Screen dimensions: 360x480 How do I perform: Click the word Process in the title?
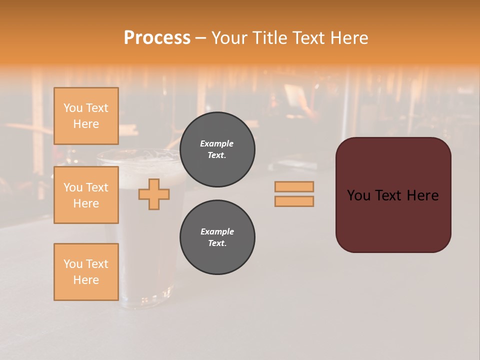point(157,38)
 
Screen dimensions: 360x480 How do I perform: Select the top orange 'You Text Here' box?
point(86,116)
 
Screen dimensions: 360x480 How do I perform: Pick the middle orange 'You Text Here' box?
point(86,195)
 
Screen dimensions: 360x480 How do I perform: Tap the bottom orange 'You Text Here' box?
point(86,272)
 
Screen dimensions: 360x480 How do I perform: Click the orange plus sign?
point(154,194)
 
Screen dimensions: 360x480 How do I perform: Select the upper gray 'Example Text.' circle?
point(217,149)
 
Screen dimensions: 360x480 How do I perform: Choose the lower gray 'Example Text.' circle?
point(217,237)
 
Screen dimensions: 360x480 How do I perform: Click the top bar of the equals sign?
point(294,186)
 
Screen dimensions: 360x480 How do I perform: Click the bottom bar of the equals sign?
point(294,201)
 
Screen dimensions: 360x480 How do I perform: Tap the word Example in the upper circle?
point(216,143)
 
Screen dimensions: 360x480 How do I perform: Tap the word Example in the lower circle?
point(217,231)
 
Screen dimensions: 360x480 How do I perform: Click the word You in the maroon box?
point(359,195)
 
